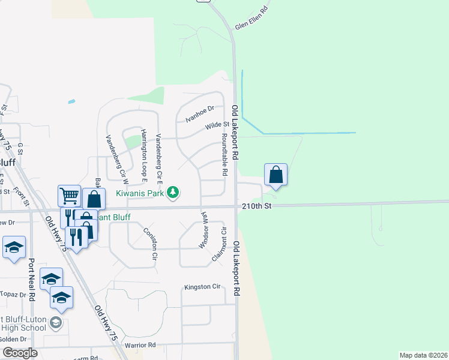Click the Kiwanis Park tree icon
click(x=173, y=192)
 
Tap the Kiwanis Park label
click(x=140, y=193)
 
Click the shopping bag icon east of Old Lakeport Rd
click(x=276, y=175)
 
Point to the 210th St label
click(x=258, y=206)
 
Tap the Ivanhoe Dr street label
click(x=200, y=113)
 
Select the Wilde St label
click(x=217, y=125)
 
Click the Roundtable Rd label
click(x=224, y=154)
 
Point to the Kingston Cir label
click(x=203, y=287)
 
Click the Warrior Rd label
click(x=140, y=345)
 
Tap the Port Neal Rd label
click(x=32, y=280)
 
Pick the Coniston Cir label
click(x=150, y=244)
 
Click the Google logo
click(x=19, y=353)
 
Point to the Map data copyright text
click(x=423, y=355)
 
